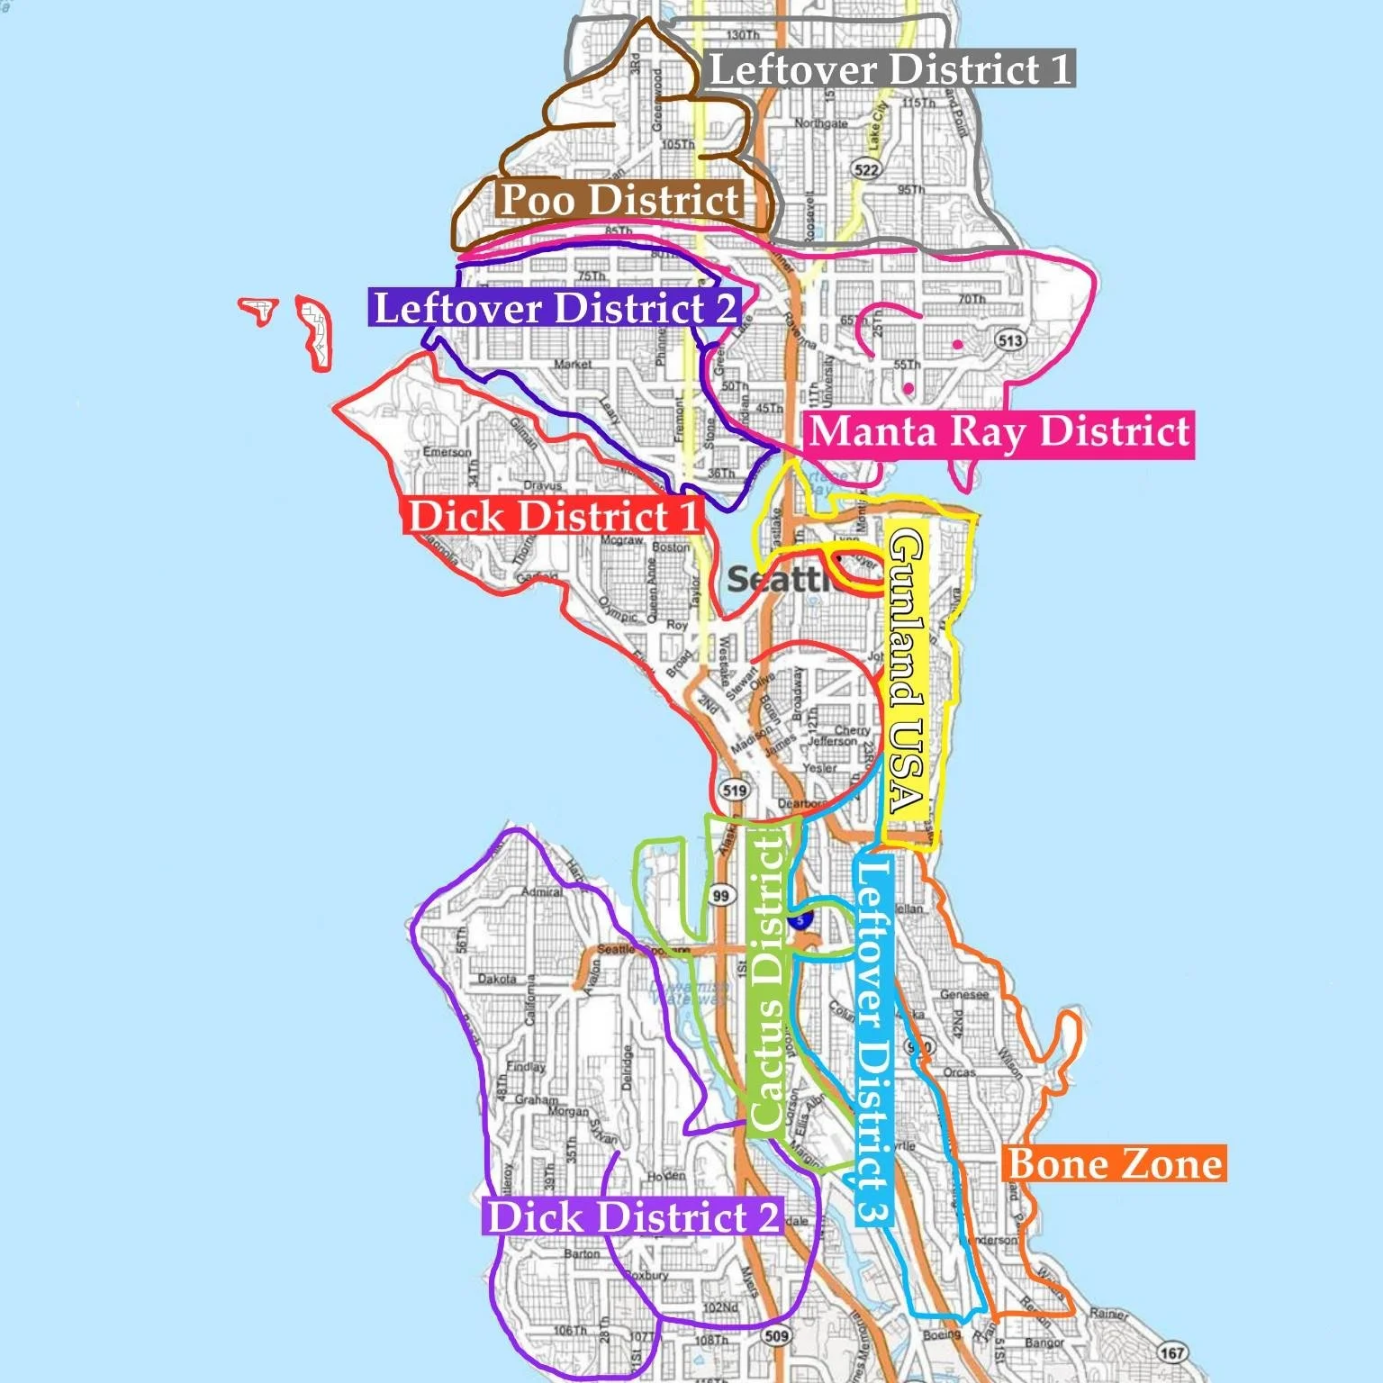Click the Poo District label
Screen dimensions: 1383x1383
[620, 200]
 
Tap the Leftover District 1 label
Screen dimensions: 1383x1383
[890, 69]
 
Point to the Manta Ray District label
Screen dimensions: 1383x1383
[999, 432]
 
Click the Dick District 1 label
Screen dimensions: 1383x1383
[553, 517]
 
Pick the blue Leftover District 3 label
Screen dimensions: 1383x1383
[872, 1040]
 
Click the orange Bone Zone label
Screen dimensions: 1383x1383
[1115, 1164]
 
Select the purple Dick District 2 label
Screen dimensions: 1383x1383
[632, 1217]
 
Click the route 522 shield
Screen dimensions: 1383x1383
[866, 169]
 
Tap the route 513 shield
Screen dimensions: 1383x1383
[1010, 340]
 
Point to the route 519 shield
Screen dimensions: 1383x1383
[735, 791]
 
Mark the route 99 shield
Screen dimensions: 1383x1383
[720, 895]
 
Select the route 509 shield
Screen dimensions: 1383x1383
[776, 1335]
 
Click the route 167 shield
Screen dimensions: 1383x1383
[1171, 1352]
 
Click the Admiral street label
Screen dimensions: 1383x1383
[542, 892]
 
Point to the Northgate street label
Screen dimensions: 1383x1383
[821, 123]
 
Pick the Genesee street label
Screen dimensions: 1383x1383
[964, 995]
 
